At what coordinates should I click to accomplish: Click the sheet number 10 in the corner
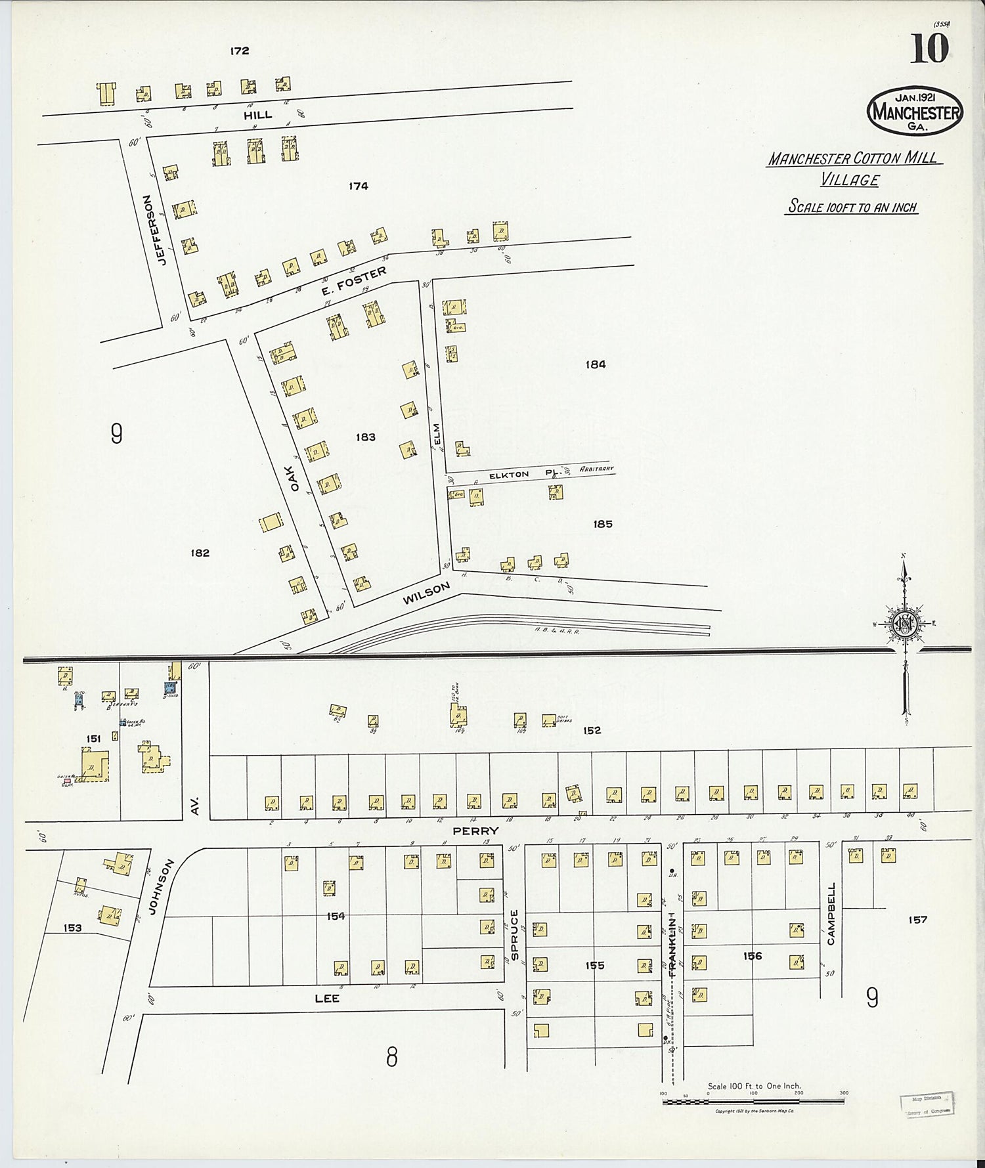[x=929, y=49]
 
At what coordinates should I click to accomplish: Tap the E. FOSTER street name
[x=354, y=281]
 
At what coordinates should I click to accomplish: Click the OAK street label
[x=295, y=478]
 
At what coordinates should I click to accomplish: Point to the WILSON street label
[x=426, y=594]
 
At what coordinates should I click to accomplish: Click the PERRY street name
[x=481, y=831]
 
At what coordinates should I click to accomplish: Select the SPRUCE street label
[x=514, y=935]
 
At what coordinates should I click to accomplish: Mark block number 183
[x=365, y=437]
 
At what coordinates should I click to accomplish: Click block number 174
[x=359, y=186]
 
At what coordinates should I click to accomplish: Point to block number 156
[x=753, y=956]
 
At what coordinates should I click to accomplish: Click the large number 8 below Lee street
[x=391, y=1057]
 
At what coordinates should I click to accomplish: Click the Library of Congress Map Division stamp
[x=927, y=1104]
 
